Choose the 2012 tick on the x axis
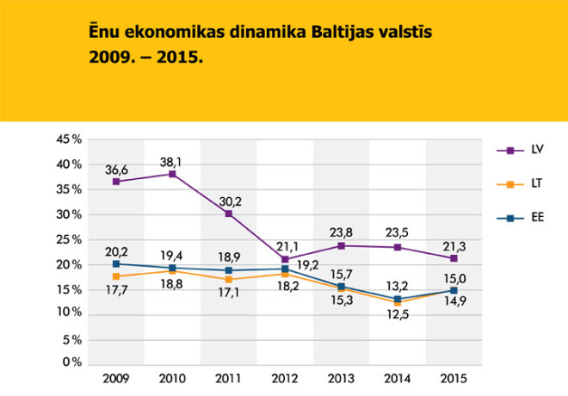pyautogui.click(x=285, y=379)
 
